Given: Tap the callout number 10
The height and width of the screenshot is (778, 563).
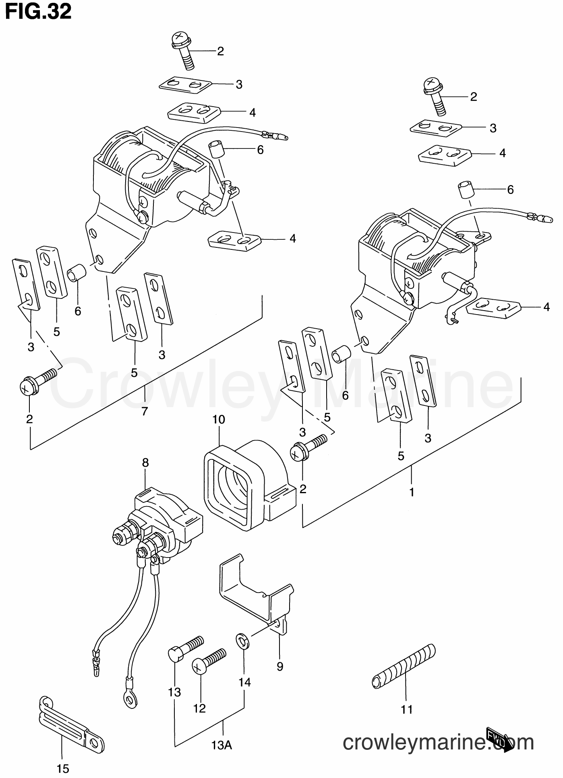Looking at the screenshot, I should [x=219, y=420].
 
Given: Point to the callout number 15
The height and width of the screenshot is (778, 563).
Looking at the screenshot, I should [x=63, y=769].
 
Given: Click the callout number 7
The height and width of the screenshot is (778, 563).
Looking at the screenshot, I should [x=145, y=411].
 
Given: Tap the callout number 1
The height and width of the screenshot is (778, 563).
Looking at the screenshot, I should [x=412, y=492].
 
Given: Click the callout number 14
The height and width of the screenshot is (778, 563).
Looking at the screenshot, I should [x=244, y=682].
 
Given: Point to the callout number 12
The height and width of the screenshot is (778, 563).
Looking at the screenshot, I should [x=199, y=708].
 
